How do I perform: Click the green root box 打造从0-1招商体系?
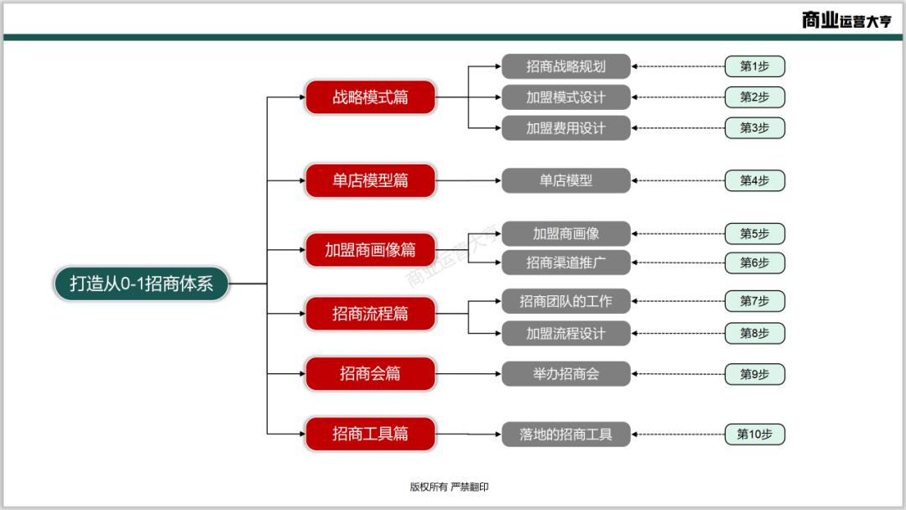pos(141,284)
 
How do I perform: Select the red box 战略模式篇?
pos(370,97)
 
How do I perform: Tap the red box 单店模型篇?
pos(370,180)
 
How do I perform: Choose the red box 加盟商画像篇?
pos(370,250)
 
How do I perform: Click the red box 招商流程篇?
pos(370,314)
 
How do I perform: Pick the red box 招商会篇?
pos(370,373)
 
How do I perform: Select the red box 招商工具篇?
pos(370,434)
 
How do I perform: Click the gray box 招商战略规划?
pos(565,66)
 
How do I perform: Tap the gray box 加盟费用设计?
pos(565,128)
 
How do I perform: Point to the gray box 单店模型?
pos(565,180)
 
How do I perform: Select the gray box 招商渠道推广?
pos(565,263)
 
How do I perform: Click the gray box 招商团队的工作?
pos(565,301)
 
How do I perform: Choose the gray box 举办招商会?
pos(565,373)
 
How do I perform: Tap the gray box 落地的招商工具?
pos(565,434)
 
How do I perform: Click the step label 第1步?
pos(754,66)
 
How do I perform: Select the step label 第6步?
pos(754,263)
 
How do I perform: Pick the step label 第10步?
pos(754,434)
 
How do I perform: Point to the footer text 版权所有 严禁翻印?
pos(449,487)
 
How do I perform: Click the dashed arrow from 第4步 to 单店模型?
pos(678,180)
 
